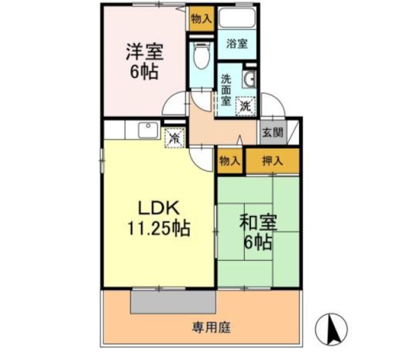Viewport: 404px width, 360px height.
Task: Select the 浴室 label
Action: pyautogui.click(x=237, y=44)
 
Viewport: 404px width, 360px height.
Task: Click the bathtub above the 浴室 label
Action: pyautogui.click(x=238, y=21)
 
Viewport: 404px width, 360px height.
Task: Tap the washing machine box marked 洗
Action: pyautogui.click(x=246, y=106)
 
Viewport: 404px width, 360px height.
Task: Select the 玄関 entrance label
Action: pyautogui.click(x=273, y=133)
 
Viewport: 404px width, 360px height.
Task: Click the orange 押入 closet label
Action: pyautogui.click(x=273, y=160)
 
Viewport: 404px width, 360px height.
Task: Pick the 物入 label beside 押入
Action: pyautogui.click(x=230, y=160)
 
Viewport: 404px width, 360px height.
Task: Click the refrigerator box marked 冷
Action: pyautogui.click(x=173, y=138)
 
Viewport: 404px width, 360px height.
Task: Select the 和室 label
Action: pyautogui.click(x=258, y=223)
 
